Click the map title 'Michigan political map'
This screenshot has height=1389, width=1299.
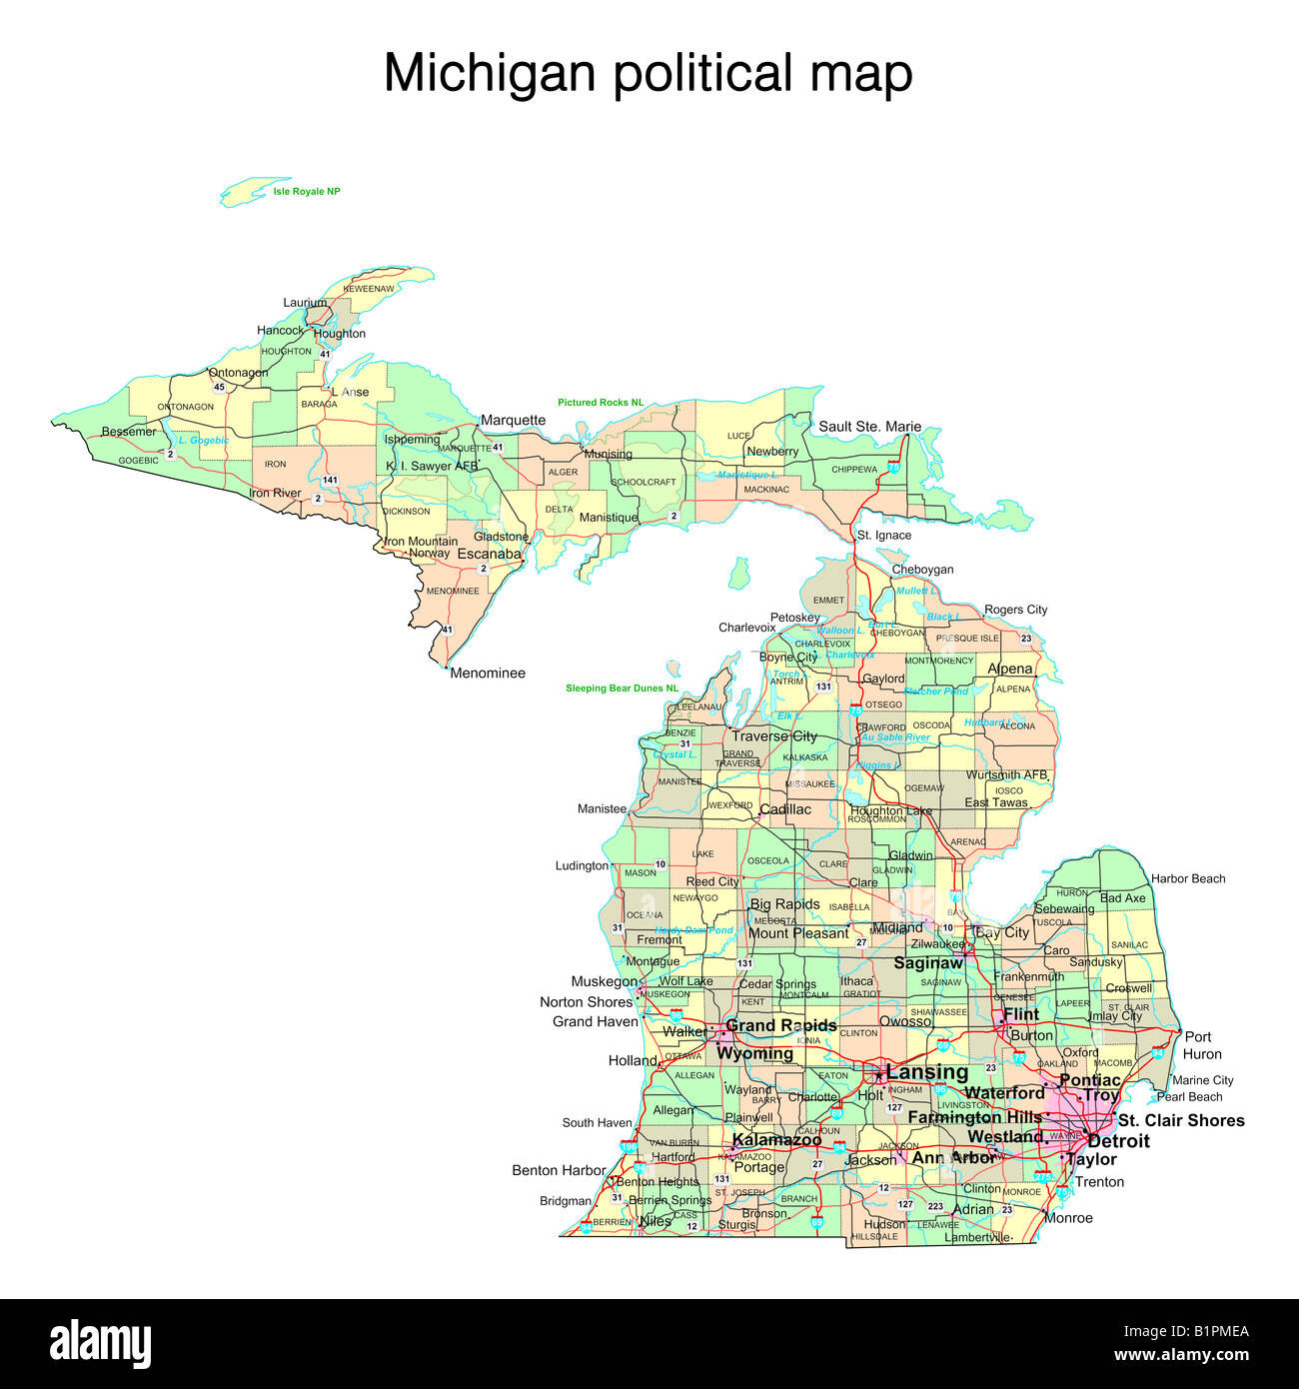click(x=648, y=74)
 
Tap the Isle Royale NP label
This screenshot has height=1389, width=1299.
click(x=307, y=191)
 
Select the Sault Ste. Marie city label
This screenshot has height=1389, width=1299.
click(x=869, y=427)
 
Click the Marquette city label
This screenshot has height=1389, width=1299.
click(x=513, y=421)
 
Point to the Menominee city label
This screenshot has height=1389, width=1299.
click(x=488, y=674)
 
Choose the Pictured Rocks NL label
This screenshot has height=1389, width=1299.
click(x=601, y=403)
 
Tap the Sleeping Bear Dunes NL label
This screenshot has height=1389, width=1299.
click(x=622, y=689)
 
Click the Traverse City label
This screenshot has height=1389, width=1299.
click(x=773, y=736)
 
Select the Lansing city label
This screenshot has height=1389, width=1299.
click(x=926, y=1072)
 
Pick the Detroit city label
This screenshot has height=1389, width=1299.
click(x=1118, y=1141)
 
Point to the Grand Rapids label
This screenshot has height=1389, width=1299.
click(x=780, y=1025)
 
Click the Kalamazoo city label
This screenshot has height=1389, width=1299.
click(x=776, y=1140)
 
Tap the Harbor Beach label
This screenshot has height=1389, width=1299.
click(x=1188, y=879)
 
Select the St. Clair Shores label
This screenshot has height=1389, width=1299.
click(x=1181, y=1120)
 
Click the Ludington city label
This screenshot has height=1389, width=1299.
click(x=582, y=866)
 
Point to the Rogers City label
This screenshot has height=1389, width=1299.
click(x=1015, y=610)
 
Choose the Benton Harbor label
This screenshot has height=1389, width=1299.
click(x=559, y=1170)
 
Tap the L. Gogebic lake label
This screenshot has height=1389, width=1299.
click(x=203, y=441)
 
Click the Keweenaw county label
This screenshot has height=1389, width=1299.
click(x=369, y=289)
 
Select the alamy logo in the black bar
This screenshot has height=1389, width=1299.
click(x=100, y=1344)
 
